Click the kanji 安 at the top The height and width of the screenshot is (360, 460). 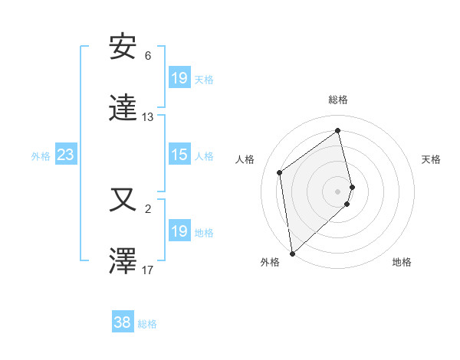coord(123,47)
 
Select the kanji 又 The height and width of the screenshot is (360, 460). coord(123,201)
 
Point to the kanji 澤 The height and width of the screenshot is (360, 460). coord(123,260)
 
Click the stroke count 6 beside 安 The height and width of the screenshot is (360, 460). coord(148,56)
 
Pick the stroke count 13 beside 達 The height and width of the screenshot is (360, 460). coord(148,117)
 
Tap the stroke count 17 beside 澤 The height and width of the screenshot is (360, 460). coord(148,270)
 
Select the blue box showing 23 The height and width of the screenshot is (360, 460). coord(65,155)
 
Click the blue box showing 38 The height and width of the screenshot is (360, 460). coord(123,323)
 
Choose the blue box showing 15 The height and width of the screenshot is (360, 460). coord(179,155)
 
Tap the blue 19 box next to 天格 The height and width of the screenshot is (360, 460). coord(179,78)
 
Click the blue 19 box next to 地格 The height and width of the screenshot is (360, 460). coord(179,231)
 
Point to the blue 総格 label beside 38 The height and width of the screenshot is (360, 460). coord(147,324)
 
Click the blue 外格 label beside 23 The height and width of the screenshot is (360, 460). coord(41,156)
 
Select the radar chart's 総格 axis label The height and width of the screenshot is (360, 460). coord(338,100)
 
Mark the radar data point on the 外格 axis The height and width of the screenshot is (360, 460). coord(291,253)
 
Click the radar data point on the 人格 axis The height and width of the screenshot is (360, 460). coord(280,172)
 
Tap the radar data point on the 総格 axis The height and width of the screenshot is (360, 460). coord(338,130)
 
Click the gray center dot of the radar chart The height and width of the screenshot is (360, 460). coord(338,191)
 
